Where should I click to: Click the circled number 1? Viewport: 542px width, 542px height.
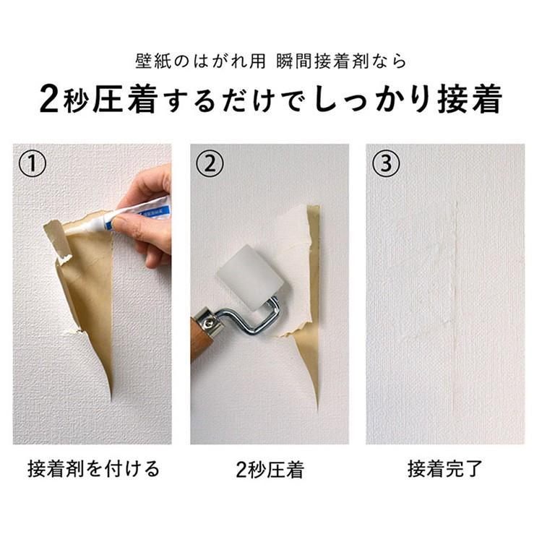pyautogui.click(x=32, y=163)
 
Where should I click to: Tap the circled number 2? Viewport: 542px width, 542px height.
pyautogui.click(x=210, y=163)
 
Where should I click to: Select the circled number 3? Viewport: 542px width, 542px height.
pyautogui.click(x=386, y=163)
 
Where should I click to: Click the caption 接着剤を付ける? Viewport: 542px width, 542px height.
pyautogui.click(x=93, y=469)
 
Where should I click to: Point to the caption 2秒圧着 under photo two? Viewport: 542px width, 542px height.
pyautogui.click(x=270, y=470)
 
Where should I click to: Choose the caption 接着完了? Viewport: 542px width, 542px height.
pyautogui.click(x=445, y=469)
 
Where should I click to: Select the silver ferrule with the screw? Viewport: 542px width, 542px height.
pyautogui.click(x=208, y=322)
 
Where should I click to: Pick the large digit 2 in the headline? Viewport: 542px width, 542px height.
pyautogui.click(x=48, y=99)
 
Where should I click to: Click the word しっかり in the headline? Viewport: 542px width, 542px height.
pyautogui.click(x=373, y=99)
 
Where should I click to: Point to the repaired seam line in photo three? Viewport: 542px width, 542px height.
pyautogui.click(x=455, y=304)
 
